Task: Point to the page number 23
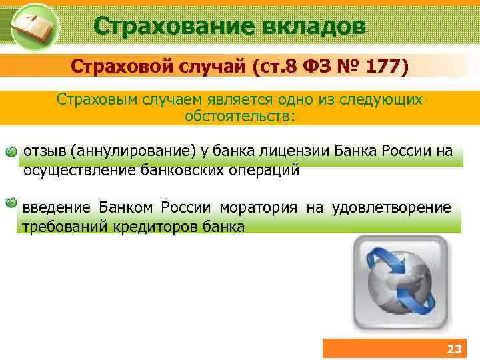tap(453, 349)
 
